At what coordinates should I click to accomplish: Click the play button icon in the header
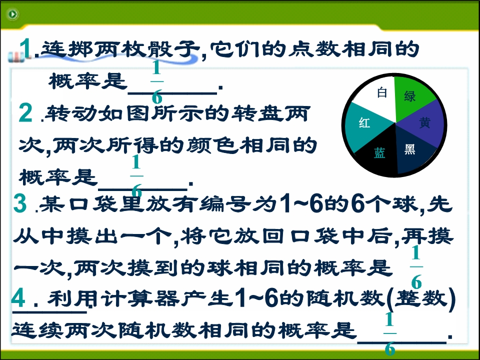click(12, 14)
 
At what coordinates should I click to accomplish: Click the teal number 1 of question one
click(25, 48)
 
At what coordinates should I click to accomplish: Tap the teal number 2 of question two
click(25, 112)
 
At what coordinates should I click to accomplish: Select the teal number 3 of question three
click(20, 203)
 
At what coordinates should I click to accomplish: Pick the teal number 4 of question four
click(18, 297)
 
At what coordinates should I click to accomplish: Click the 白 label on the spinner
click(381, 92)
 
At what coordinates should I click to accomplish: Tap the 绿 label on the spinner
click(410, 96)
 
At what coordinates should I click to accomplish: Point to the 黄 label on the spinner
click(424, 122)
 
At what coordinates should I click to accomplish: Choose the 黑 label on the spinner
click(410, 149)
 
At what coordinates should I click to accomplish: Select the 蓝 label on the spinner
click(379, 153)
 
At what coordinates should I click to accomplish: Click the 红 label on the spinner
click(364, 123)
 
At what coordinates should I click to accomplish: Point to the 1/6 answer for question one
click(156, 81)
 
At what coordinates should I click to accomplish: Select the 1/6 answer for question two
click(136, 176)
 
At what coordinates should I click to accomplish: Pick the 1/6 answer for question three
click(416, 267)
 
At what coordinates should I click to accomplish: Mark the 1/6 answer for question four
click(389, 333)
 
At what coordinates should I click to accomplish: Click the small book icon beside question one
click(16, 57)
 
